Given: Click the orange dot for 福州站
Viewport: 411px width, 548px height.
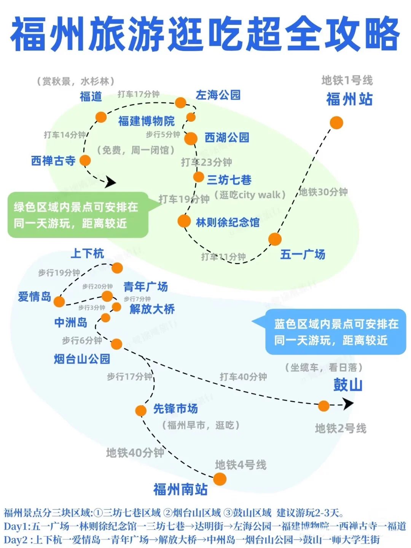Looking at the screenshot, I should tap(336, 123).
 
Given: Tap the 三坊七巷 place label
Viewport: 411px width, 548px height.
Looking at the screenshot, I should tap(229, 180).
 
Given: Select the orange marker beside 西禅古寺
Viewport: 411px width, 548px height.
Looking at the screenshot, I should tap(85, 160).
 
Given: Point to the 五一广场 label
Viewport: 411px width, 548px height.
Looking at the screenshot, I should tap(303, 254).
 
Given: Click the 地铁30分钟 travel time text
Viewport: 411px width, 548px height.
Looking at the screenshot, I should tap(323, 192).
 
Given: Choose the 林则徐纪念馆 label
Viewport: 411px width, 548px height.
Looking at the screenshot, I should tap(228, 222).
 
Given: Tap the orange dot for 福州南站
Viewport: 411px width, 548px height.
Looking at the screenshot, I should tap(220, 479).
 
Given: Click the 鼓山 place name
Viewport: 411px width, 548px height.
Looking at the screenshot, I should tap(348, 385).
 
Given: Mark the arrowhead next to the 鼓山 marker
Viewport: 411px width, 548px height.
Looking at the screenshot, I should tap(348, 403).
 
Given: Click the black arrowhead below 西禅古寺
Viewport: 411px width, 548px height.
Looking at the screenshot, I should tap(110, 182).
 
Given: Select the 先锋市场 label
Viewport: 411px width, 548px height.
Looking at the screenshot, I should tap(175, 409).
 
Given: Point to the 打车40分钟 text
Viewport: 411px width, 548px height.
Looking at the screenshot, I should tap(243, 377).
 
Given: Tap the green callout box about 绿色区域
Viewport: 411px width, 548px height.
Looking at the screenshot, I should tap(78, 215).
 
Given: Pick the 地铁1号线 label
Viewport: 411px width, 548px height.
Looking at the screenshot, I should tap(347, 80).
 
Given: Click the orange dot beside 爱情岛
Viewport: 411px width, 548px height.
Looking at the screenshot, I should tap(59, 302).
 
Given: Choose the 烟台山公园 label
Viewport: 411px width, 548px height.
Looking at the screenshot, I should tap(82, 358).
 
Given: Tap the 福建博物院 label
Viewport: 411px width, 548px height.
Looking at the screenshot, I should tap(146, 121).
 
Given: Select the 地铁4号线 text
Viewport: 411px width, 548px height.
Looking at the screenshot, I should tap(241, 465).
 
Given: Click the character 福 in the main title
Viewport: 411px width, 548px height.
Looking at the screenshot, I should tap(30, 34).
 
